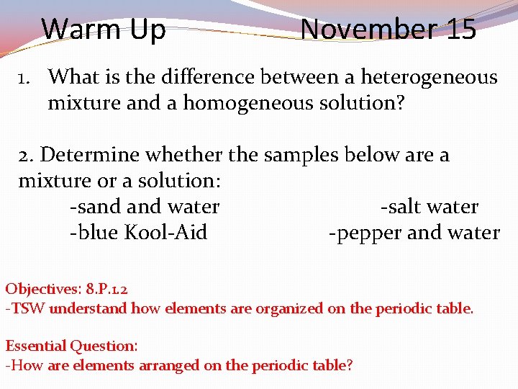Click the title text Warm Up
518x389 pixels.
[104, 30]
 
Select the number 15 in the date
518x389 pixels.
[460, 30]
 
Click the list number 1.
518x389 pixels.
[24, 76]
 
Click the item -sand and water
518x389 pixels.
[144, 207]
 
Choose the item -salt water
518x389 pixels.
[429, 207]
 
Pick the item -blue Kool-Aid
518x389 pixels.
[138, 233]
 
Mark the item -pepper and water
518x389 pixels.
[414, 233]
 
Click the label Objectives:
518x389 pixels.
[43, 290]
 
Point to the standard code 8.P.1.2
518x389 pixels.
[106, 290]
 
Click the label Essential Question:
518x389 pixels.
[71, 346]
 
